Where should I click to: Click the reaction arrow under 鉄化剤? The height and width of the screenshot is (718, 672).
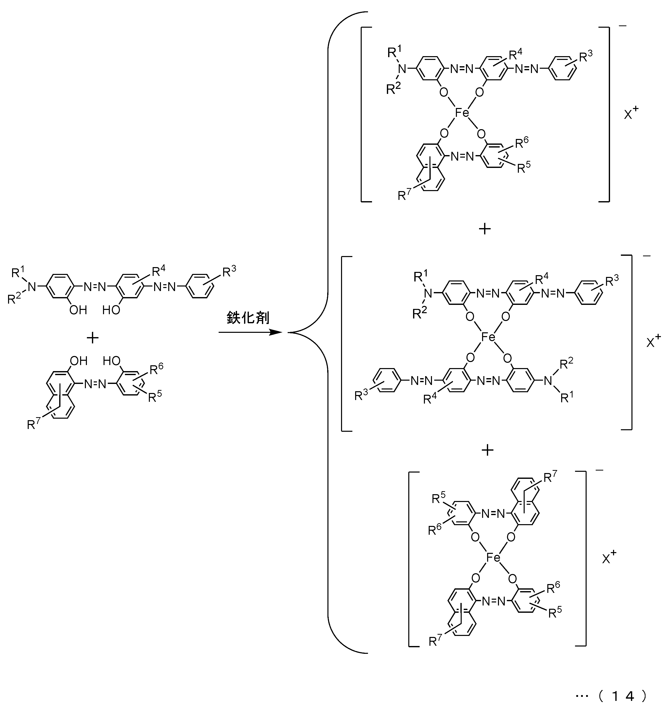tap(250, 332)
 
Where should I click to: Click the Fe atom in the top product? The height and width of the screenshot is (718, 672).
tap(462, 113)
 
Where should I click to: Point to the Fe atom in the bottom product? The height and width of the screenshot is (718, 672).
tap(493, 558)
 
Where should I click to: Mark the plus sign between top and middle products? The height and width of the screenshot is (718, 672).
tap(485, 229)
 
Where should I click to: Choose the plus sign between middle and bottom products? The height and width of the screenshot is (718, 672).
tap(487, 450)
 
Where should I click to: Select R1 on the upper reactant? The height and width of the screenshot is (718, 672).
tap(19, 272)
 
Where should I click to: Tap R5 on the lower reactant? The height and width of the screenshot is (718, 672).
tap(155, 396)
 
